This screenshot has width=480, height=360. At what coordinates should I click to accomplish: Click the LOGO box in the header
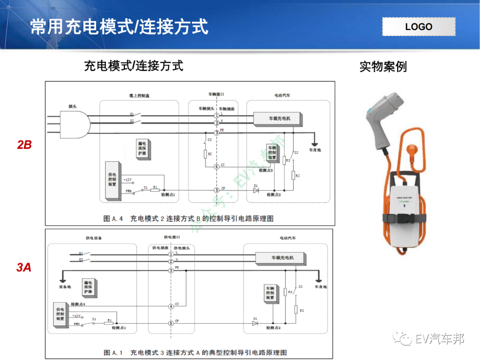[419, 27]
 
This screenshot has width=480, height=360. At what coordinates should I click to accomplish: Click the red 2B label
[24, 145]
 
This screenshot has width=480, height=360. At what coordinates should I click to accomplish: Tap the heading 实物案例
[383, 67]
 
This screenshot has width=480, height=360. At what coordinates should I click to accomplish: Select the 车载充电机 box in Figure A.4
[278, 119]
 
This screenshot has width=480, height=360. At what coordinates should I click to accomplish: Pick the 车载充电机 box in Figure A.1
[282, 258]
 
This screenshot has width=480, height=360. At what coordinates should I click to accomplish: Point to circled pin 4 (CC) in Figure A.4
[216, 166]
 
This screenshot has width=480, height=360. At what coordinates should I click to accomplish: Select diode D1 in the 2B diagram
[256, 190]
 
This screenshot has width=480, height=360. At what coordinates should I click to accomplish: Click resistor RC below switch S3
[205, 154]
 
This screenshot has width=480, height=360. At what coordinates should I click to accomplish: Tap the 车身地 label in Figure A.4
[315, 150]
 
